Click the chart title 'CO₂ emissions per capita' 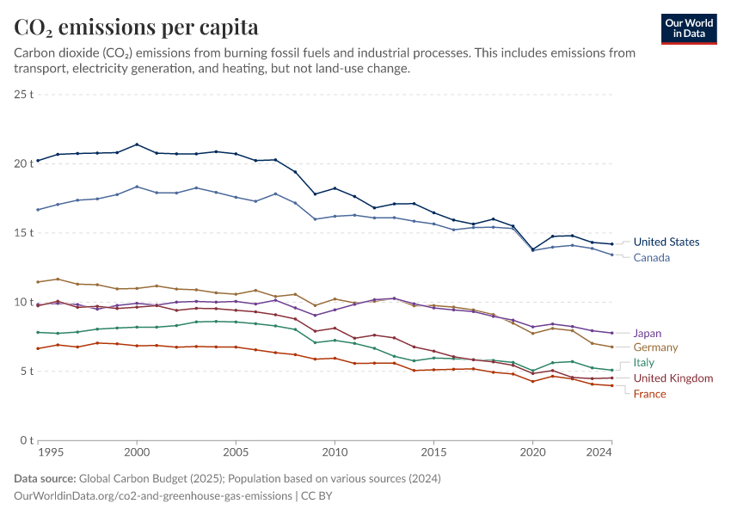point(136,28)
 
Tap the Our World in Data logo point(688,28)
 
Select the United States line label point(666,243)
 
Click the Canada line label point(651,258)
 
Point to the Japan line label point(647,333)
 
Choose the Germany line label point(655,347)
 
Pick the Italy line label point(643,363)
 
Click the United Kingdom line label point(673,378)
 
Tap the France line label point(649,394)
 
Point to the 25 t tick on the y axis point(23,94)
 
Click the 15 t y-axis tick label point(23,233)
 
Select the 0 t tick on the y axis point(26,441)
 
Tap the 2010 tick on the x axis point(335,451)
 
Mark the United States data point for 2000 point(137,144)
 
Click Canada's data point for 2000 point(137,187)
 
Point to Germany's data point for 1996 point(58,279)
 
